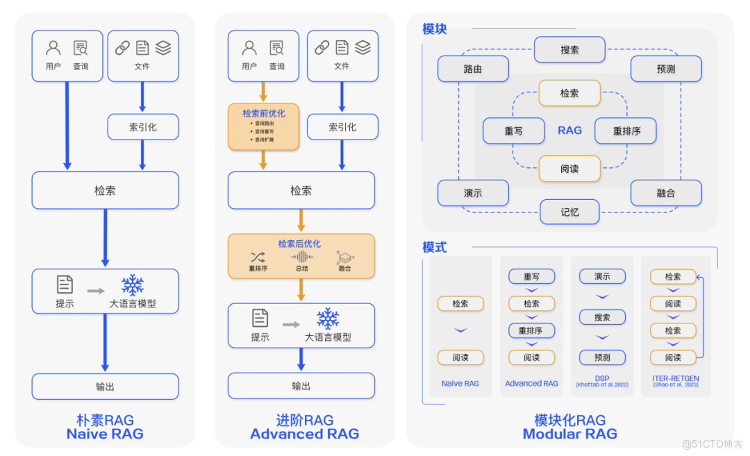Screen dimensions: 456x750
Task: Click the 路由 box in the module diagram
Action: pyautogui.click(x=473, y=69)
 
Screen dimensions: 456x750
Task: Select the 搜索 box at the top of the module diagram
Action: pyautogui.click(x=569, y=50)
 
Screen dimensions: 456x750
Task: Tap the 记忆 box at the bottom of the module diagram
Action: pyautogui.click(x=569, y=212)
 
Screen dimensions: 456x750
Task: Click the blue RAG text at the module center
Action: pyautogui.click(x=569, y=130)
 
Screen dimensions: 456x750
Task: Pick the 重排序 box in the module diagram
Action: pyautogui.click(x=626, y=131)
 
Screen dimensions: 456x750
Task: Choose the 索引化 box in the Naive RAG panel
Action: pyautogui.click(x=143, y=127)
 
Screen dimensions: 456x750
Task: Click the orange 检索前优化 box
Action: pyautogui.click(x=263, y=126)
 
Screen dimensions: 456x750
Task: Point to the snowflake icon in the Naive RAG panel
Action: pyautogui.click(x=133, y=285)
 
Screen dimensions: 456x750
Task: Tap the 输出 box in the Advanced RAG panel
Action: pyautogui.click(x=301, y=386)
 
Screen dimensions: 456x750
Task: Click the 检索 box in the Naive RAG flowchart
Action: pyautogui.click(x=105, y=190)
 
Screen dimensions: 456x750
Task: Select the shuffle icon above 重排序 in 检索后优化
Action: pyautogui.click(x=258, y=257)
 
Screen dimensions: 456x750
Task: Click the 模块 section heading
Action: pyautogui.click(x=435, y=29)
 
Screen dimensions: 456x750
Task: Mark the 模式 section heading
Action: pyautogui.click(x=435, y=247)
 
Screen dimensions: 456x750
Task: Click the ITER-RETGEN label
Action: pyautogui.click(x=676, y=379)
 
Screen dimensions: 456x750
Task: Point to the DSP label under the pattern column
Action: pyautogui.click(x=602, y=379)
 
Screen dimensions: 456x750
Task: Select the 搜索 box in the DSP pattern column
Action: pyautogui.click(x=602, y=317)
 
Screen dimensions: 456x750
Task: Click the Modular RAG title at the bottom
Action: pyautogui.click(x=569, y=434)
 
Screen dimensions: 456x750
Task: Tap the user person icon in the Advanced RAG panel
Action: pyautogui.click(x=249, y=48)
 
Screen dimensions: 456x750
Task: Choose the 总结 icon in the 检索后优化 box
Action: pyautogui.click(x=301, y=257)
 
